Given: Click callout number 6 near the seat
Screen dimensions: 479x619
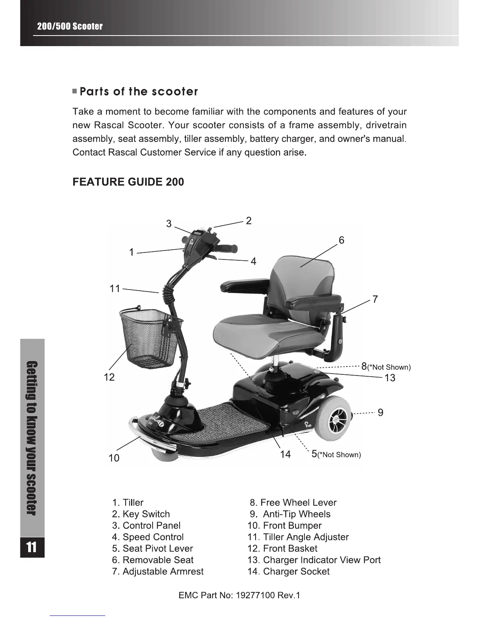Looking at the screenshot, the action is [341, 240].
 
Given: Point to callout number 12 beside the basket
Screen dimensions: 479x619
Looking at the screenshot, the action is [109, 377].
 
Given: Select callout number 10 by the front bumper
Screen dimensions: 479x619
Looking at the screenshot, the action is [114, 458].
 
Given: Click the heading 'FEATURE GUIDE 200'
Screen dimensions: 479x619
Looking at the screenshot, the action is [128, 182].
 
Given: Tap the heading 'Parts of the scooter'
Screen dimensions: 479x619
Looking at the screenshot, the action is [139, 92].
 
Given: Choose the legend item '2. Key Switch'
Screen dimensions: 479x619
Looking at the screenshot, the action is [141, 514].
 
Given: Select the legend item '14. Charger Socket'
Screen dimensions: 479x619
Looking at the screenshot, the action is [288, 572].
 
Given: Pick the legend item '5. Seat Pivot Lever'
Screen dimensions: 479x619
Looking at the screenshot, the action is [152, 549].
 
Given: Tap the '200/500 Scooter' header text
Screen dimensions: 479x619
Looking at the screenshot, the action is [70, 27].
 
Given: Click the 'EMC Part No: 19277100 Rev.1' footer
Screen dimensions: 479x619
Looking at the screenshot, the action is [239, 596].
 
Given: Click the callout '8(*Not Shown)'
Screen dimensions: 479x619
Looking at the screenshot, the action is [385, 367].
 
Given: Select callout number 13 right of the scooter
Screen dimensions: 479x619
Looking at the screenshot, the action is [390, 378].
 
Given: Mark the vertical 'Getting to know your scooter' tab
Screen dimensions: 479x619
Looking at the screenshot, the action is [32, 438].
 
